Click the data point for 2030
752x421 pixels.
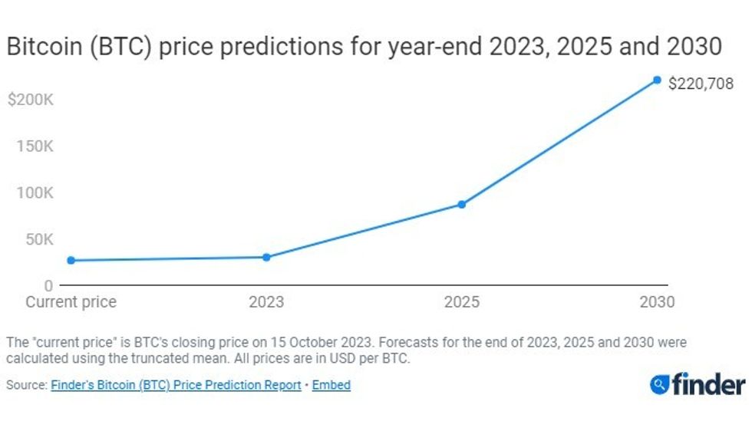tap(657, 80)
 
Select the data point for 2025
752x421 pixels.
tap(461, 204)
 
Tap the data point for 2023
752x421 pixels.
tap(266, 257)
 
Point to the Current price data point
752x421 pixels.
tap(71, 261)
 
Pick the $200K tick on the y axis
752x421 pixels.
tap(30, 100)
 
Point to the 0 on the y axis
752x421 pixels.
tap(48, 285)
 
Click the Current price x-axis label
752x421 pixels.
tap(71, 302)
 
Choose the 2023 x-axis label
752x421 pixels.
tap(266, 302)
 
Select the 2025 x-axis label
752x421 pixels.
tap(461, 302)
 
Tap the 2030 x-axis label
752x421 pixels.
tap(657, 302)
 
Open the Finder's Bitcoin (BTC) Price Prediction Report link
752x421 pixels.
tap(176, 385)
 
